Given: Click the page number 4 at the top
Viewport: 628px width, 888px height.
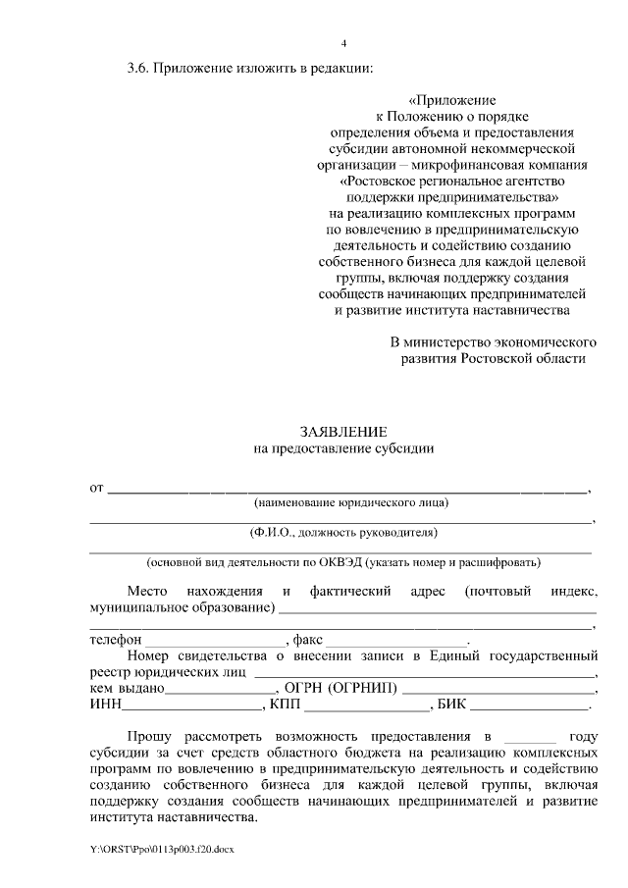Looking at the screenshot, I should click(x=342, y=43).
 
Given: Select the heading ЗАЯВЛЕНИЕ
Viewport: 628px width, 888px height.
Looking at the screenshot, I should click(x=342, y=432).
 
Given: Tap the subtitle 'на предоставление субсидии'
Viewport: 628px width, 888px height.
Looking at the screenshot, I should click(x=342, y=448).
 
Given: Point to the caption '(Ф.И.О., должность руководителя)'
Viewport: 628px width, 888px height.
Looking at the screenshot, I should click(x=342, y=533).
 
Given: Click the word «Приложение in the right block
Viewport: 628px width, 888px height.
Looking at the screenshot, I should click(x=452, y=99).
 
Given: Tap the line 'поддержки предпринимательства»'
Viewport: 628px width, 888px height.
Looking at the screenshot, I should click(x=450, y=196).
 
